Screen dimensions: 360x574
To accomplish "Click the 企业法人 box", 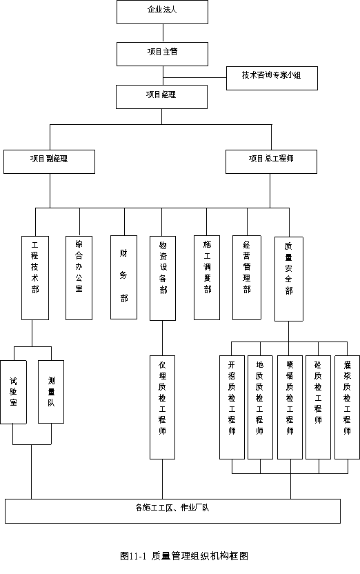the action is tap(163, 12).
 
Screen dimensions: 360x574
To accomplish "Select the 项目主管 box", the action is tap(163, 55).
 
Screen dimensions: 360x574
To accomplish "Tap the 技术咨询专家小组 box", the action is tap(272, 78).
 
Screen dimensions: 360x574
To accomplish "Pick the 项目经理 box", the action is tap(161, 97).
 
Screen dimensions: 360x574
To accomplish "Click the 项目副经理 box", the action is tap(50, 161).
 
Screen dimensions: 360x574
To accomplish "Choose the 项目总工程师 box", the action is tap(271, 161).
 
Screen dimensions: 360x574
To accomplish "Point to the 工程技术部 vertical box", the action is tap(35, 278).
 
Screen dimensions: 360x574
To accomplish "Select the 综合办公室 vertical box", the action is tap(79, 278).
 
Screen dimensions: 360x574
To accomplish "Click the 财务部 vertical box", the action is tap(123, 277).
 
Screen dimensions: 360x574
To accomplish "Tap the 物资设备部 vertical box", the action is tap(163, 278).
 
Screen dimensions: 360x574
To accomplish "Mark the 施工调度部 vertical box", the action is tap(207, 277).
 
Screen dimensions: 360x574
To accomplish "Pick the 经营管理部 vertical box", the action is tap(247, 277).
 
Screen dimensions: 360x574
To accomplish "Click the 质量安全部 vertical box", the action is tap(289, 279).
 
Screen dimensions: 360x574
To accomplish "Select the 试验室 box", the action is tap(14, 392).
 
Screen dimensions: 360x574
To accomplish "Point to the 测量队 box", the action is tap(51, 392).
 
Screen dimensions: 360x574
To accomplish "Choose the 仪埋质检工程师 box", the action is tap(163, 407).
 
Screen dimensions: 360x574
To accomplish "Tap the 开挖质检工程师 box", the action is tap(232, 407).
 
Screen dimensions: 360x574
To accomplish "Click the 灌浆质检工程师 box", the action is tap(347, 407).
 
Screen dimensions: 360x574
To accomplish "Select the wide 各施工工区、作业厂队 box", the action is tap(172, 511).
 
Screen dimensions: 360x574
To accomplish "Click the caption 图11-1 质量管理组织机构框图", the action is tap(184, 556).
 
